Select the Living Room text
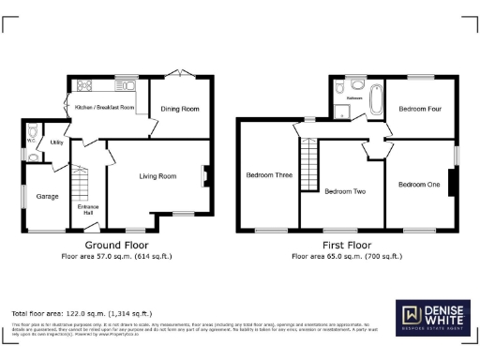point(157,175)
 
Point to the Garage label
point(48,197)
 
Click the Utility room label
point(56,142)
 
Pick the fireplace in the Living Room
point(203,175)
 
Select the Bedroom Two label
point(344,191)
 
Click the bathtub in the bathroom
point(377,98)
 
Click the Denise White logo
point(432,317)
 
